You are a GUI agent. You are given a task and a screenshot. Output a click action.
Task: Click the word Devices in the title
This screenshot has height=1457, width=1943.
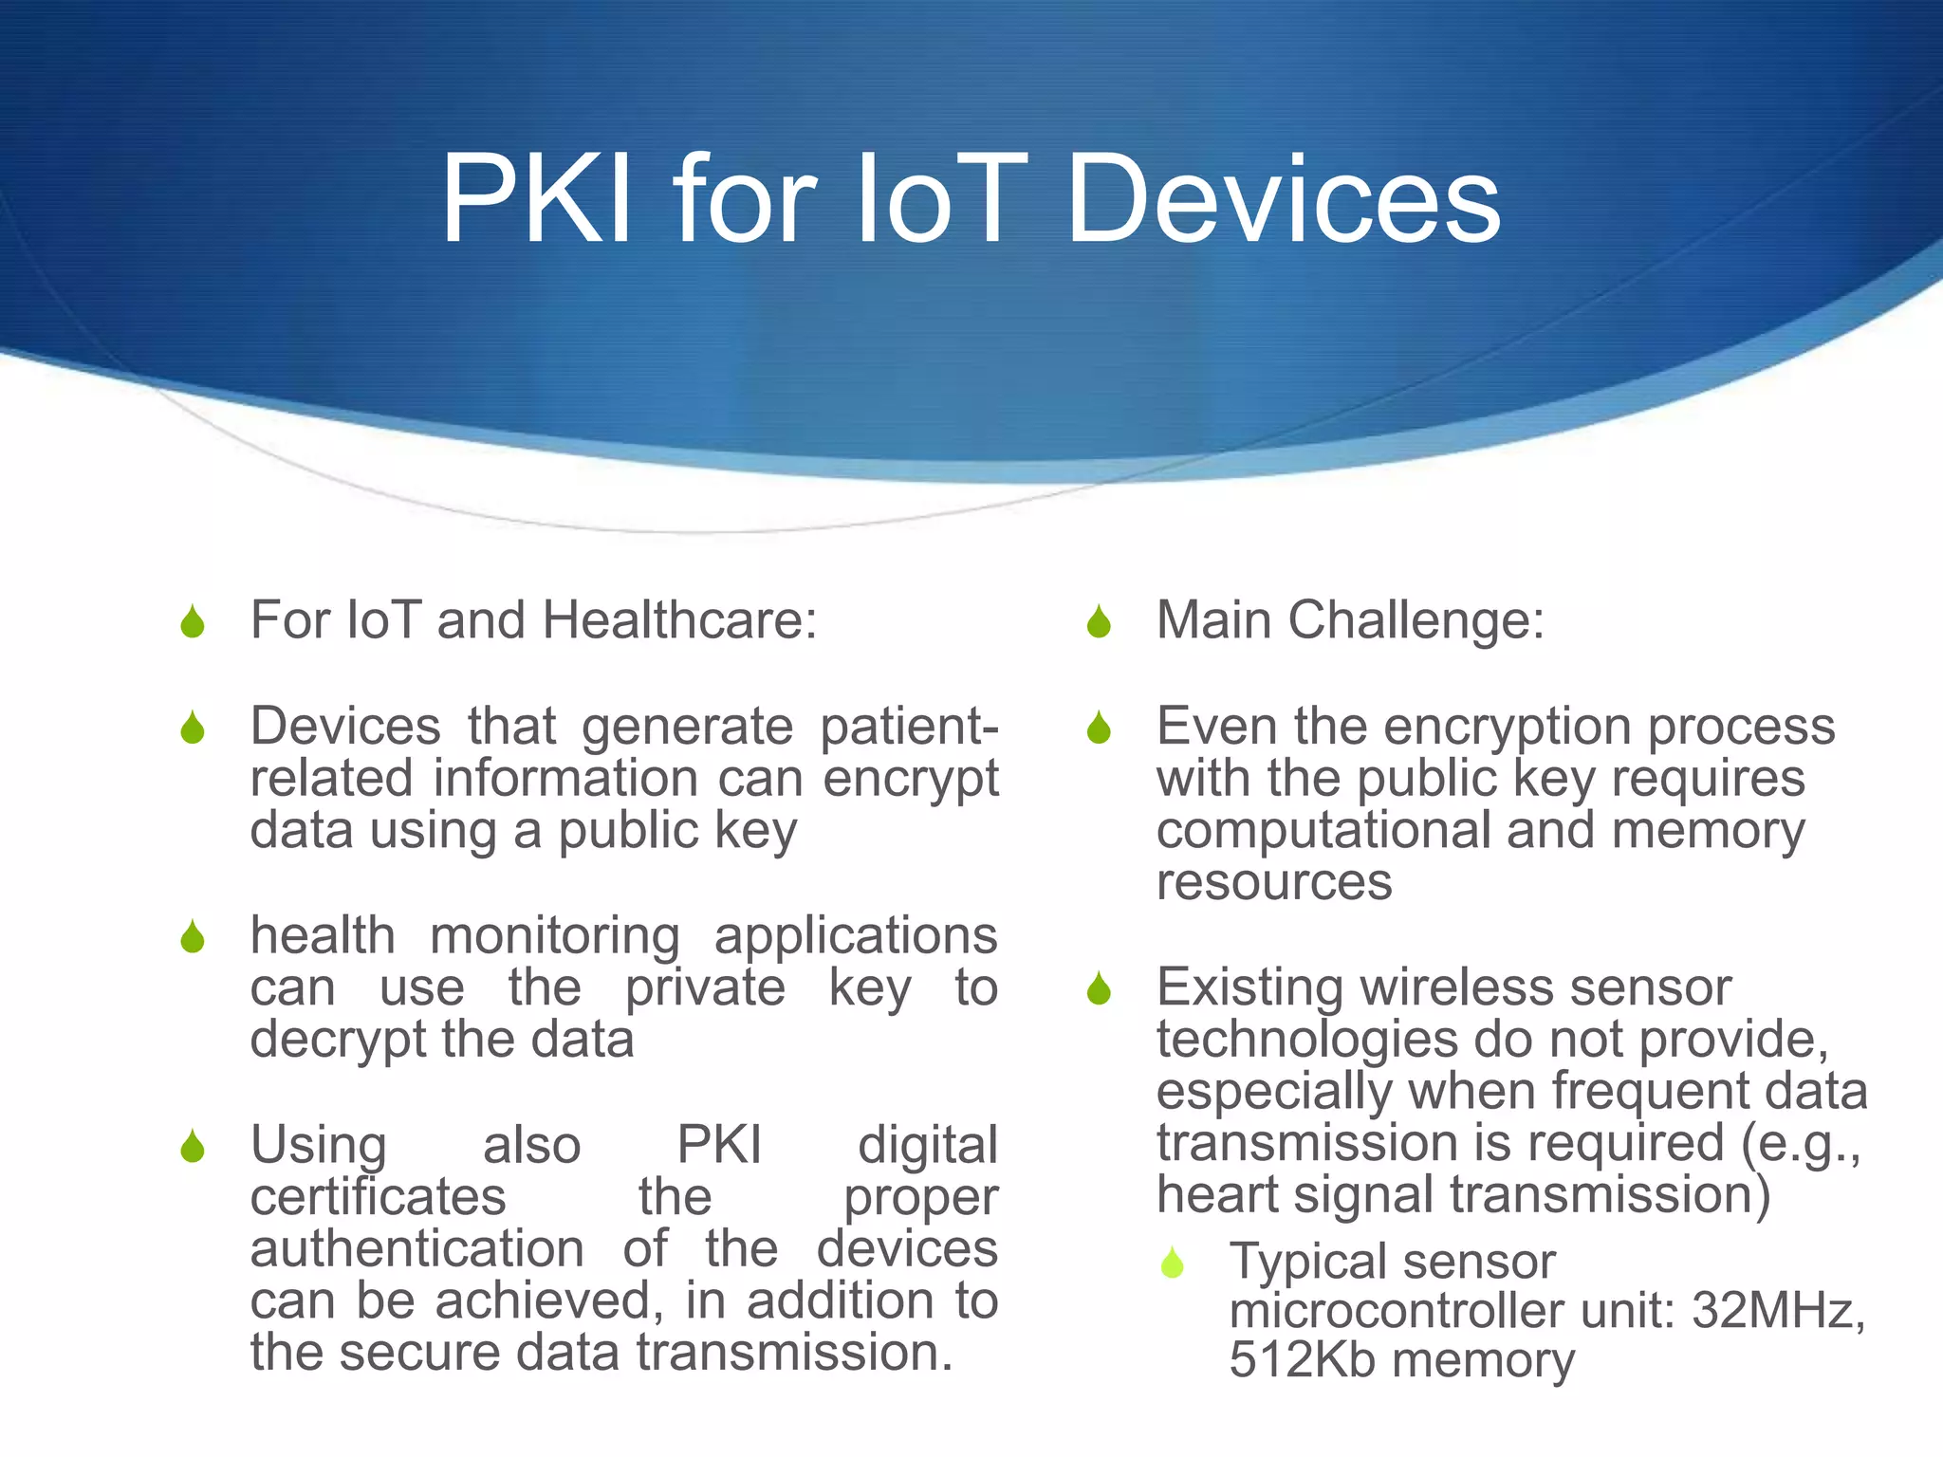[1284, 201]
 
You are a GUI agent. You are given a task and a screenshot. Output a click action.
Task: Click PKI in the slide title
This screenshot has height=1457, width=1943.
[536, 201]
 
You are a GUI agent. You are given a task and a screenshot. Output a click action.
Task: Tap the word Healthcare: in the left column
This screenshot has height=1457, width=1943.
[679, 621]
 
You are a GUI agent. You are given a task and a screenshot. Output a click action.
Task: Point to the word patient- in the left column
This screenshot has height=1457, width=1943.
[908, 728]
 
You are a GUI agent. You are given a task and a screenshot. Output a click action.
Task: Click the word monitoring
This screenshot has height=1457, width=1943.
[555, 937]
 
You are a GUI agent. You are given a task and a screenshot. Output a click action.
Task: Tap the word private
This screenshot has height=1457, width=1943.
[704, 988]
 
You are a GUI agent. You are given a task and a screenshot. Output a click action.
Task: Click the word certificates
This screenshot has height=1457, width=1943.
[378, 1197]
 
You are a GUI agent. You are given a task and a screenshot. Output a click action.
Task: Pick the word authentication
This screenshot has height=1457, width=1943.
[416, 1249]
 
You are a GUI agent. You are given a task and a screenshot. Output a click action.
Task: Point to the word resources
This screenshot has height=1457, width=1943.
[1273, 882]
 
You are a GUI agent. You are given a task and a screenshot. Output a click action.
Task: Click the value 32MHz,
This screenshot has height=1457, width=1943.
[1778, 1312]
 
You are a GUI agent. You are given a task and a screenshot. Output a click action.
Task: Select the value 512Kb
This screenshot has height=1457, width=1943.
[1302, 1361]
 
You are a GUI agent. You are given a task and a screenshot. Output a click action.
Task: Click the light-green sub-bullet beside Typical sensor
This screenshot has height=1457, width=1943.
[1173, 1263]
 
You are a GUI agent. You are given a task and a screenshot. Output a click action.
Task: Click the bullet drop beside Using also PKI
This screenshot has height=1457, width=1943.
[193, 1147]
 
